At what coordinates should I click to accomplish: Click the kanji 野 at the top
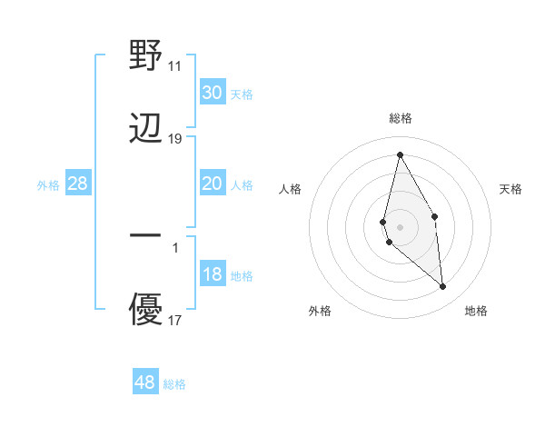pos(146,56)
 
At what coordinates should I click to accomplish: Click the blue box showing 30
pos(212,93)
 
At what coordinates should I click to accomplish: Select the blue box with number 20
pos(212,184)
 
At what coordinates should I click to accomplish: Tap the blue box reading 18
pos(212,274)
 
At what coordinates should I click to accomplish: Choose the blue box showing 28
pos(78,184)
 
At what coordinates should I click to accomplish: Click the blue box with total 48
pos(145,382)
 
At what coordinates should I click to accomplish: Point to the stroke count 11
pos(175,66)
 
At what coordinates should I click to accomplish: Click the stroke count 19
pos(175,139)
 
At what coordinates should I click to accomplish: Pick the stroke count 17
pos(175,321)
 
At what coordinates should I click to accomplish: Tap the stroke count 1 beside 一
pos(175,247)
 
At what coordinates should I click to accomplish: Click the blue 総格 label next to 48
pos(174,384)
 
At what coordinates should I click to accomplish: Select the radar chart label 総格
pos(401,118)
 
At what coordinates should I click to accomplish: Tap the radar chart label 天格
pos(511,189)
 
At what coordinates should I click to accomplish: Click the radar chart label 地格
pos(477,311)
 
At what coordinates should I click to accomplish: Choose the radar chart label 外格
pos(320,311)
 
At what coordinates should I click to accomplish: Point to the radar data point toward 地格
pos(443,287)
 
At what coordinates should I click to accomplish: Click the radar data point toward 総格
pos(400,154)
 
